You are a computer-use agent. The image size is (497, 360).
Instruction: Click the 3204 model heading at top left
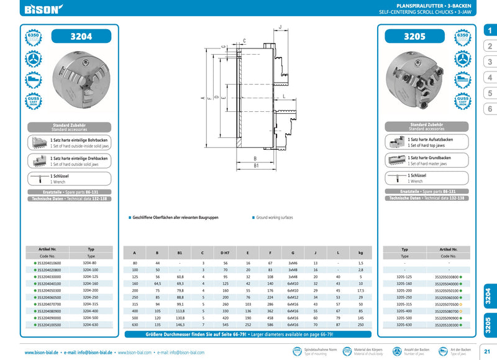tap(81, 37)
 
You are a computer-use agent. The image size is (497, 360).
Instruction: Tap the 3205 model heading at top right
tap(414, 37)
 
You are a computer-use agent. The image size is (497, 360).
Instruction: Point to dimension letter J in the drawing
tap(281, 27)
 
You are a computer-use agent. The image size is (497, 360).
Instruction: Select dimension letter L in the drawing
tap(283, 98)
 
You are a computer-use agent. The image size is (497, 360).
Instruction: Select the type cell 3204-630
tap(90, 325)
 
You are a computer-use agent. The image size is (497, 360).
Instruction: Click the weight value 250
tap(360, 325)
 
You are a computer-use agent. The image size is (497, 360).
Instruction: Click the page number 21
tap(487, 353)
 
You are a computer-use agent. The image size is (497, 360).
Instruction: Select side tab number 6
tap(489, 109)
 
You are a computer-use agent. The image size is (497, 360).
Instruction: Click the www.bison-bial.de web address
tap(43, 353)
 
